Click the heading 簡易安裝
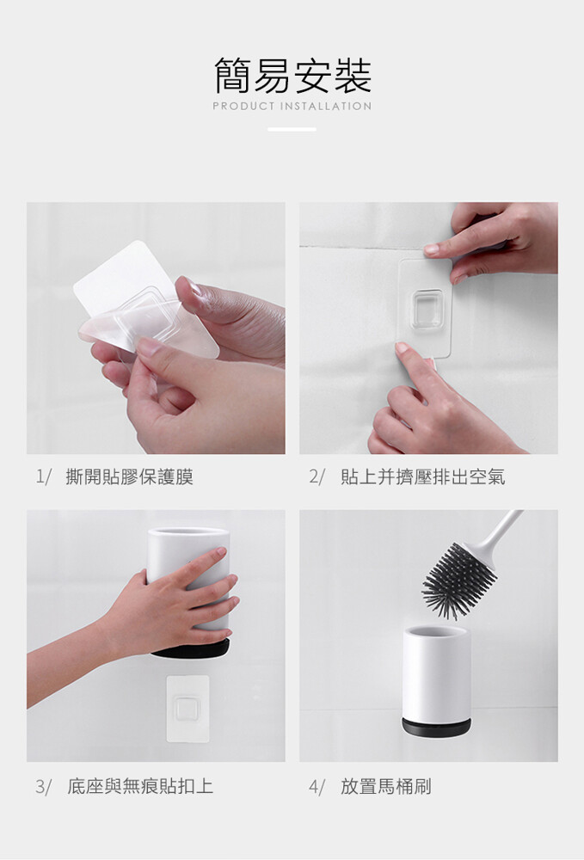click(292, 75)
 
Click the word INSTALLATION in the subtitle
click(326, 107)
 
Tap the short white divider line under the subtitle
click(292, 130)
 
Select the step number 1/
click(43, 476)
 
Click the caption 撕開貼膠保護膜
click(129, 476)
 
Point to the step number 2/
click(317, 476)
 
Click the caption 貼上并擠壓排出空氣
click(423, 476)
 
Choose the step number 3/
click(43, 787)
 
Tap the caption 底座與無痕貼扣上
click(140, 786)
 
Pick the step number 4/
click(317, 787)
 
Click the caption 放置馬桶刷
click(386, 786)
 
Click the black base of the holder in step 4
click(436, 728)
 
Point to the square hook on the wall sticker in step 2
click(427, 310)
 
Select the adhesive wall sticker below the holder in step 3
click(187, 709)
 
